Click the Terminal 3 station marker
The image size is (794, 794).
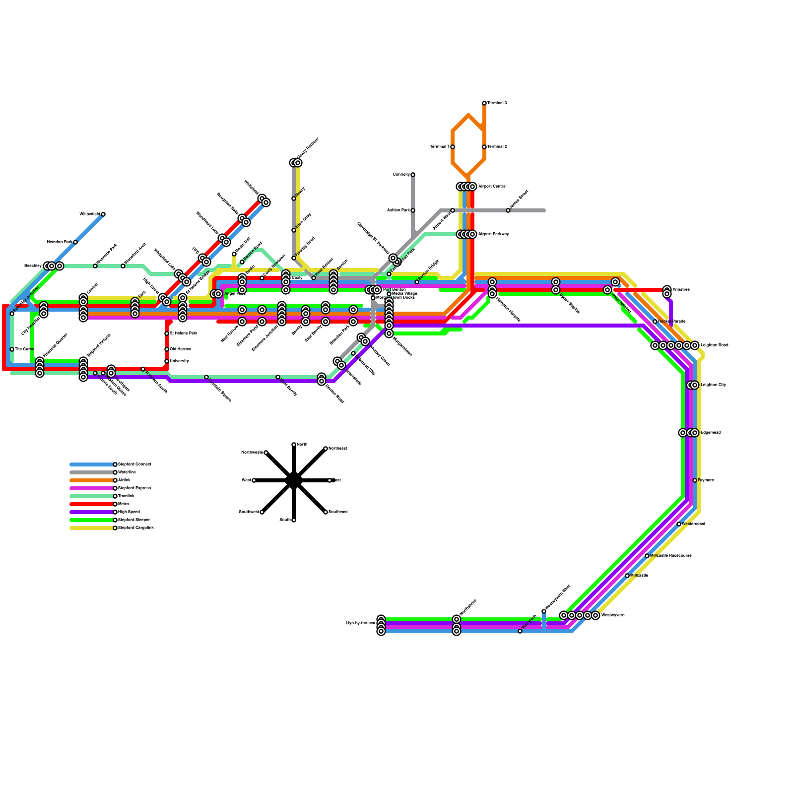coord(484,103)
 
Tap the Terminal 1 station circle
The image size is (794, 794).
coord(453,147)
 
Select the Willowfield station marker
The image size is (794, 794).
coord(103,214)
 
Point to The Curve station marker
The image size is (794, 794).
coord(12,349)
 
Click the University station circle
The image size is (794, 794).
coord(167,361)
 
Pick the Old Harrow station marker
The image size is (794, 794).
coord(167,349)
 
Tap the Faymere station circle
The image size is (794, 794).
coord(695,480)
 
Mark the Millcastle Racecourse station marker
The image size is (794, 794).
coord(647,556)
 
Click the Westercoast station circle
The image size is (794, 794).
coord(679,524)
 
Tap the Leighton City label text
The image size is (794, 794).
coord(713,385)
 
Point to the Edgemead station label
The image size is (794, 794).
coord(710,433)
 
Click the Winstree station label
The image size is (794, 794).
coord(681,290)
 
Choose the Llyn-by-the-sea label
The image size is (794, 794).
coord(360,623)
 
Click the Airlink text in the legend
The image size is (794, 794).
coord(125,480)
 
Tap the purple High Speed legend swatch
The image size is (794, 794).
coord(92,512)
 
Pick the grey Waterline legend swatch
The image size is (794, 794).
coord(92,472)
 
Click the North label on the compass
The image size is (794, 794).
coord(302,445)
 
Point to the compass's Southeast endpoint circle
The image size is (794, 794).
coord(326,512)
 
